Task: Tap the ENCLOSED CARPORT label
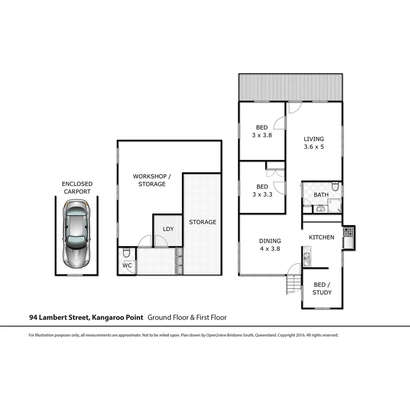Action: pos(77,187)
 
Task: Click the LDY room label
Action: pos(168,229)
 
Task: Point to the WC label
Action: pos(127,265)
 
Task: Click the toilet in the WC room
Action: pos(126,253)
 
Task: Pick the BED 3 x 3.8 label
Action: pos(262,132)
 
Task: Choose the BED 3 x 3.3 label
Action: pos(262,190)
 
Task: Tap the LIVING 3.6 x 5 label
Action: pos(314,143)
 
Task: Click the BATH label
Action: pos(321,194)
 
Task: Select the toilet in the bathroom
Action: pos(336,187)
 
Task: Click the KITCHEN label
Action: pos(322,237)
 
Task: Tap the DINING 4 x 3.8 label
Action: pos(270,245)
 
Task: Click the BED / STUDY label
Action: pos(322,289)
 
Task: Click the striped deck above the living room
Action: pos(290,87)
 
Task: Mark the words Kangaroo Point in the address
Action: pos(117,317)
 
